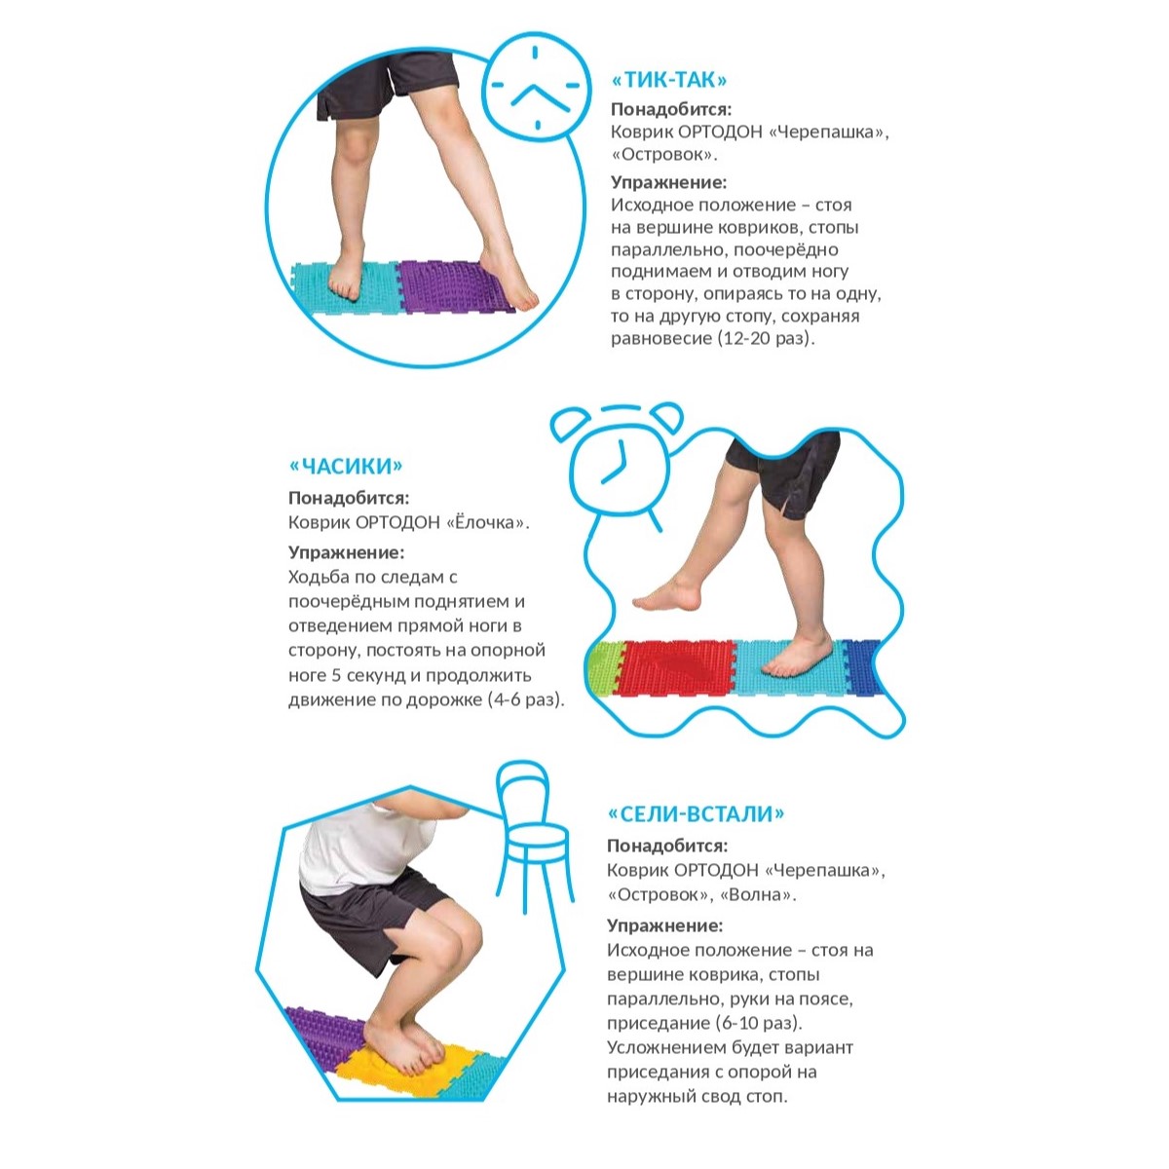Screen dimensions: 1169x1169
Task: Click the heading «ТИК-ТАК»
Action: (669, 80)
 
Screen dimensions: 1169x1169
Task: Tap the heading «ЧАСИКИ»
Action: (346, 466)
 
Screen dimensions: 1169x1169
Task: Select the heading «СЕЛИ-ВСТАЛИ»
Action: (696, 813)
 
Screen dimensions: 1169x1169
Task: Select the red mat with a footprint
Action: (678, 666)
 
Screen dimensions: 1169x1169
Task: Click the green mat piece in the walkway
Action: (603, 667)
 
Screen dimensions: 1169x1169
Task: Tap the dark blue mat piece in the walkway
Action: (860, 666)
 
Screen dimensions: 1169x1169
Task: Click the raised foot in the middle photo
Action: (667, 596)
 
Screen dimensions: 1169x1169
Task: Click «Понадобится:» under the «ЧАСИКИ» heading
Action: (349, 498)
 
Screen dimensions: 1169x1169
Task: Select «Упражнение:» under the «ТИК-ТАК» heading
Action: (668, 182)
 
